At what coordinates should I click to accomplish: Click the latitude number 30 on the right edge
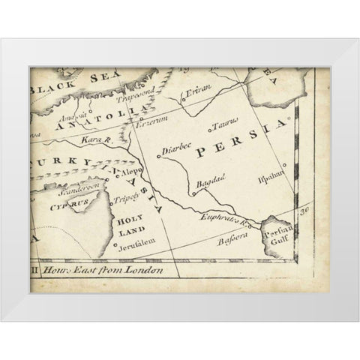304,211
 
